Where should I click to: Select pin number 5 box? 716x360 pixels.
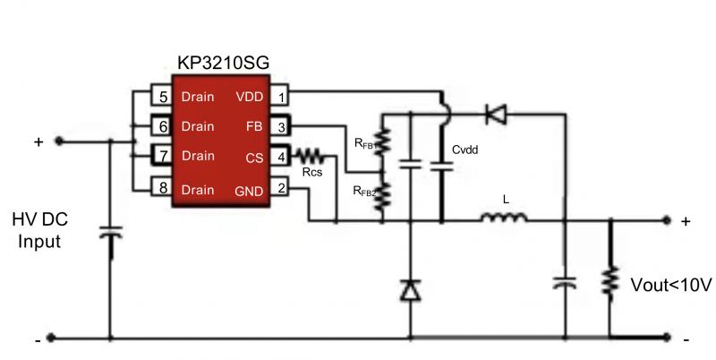[161, 96]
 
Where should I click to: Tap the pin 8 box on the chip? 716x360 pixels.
[161, 188]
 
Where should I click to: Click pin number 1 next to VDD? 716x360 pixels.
[281, 96]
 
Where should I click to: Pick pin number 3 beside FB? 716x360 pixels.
[281, 126]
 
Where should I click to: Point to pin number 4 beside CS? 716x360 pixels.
[281, 157]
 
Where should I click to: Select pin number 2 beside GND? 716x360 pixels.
[281, 188]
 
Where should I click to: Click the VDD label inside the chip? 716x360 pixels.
[249, 96]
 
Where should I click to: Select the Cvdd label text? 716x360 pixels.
[465, 150]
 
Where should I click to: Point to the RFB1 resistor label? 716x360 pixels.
[365, 142]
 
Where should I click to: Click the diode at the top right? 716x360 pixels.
[495, 113]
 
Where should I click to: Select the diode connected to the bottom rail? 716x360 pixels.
[410, 289]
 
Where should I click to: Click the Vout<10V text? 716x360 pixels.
[669, 286]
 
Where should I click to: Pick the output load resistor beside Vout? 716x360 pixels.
[611, 282]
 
